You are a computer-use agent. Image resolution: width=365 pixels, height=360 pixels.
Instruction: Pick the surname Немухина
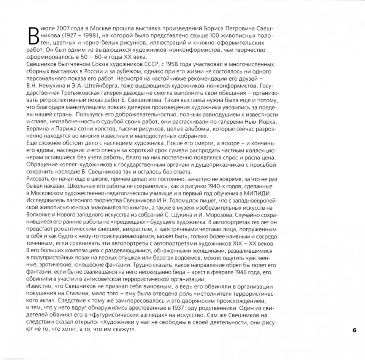(x=57, y=86)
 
